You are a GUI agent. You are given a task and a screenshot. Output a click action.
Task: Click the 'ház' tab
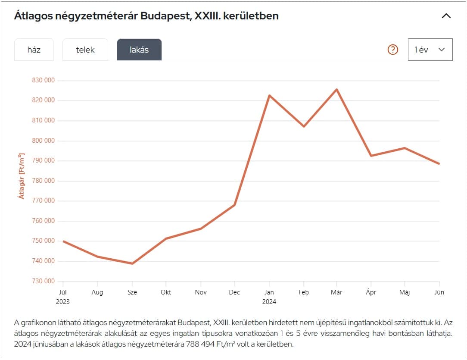(x=34, y=50)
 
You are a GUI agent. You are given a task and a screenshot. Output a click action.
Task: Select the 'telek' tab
(x=85, y=50)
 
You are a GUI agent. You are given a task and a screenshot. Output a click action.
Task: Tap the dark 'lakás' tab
(x=139, y=50)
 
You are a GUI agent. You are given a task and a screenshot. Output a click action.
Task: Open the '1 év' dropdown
(x=430, y=50)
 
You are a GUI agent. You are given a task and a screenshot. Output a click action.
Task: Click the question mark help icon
(x=392, y=50)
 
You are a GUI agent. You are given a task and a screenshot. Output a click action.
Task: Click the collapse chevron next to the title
(x=446, y=16)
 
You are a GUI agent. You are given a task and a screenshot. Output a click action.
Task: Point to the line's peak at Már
(x=336, y=89)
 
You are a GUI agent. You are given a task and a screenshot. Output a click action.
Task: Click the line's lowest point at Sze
(x=132, y=263)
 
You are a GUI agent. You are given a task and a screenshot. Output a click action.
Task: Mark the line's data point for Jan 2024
(x=269, y=95)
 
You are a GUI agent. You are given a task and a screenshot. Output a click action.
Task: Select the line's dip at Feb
(x=304, y=126)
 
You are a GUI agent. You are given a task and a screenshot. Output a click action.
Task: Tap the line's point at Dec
(x=235, y=204)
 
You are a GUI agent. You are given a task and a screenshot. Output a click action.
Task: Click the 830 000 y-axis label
(x=43, y=80)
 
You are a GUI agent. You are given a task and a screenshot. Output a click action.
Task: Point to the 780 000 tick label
(x=43, y=181)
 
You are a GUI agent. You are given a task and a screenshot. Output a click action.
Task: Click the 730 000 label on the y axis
(x=43, y=281)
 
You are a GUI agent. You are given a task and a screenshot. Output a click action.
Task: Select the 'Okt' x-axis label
(x=166, y=292)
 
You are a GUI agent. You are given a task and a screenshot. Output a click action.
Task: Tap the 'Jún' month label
(x=439, y=292)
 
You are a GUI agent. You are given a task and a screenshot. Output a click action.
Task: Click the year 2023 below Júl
(x=63, y=302)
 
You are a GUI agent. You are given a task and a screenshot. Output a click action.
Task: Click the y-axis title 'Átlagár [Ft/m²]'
(x=21, y=176)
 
